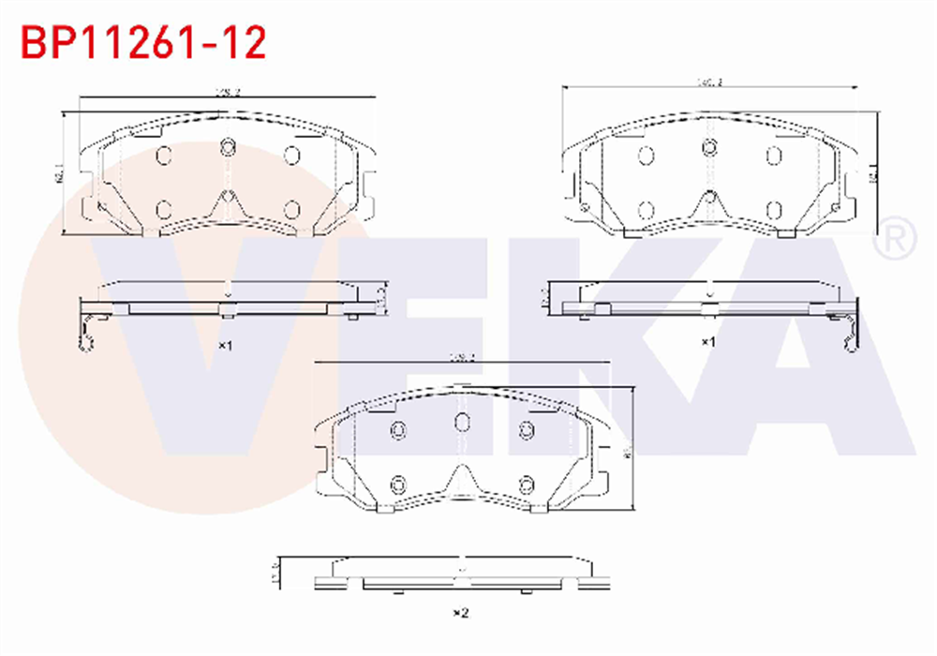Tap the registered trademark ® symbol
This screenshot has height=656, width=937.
pyautogui.click(x=894, y=241)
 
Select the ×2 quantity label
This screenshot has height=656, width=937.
pyautogui.click(x=460, y=613)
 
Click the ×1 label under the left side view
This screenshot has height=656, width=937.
pyautogui.click(x=225, y=345)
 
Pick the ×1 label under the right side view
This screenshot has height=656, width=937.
pyautogui.click(x=708, y=342)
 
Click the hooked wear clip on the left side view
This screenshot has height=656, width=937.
pyautogui.click(x=90, y=333)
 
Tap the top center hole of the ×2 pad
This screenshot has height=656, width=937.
pyautogui.click(x=462, y=422)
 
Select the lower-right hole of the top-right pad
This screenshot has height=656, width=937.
pyautogui.click(x=774, y=210)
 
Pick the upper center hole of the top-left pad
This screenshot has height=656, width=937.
pyautogui.click(x=227, y=146)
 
